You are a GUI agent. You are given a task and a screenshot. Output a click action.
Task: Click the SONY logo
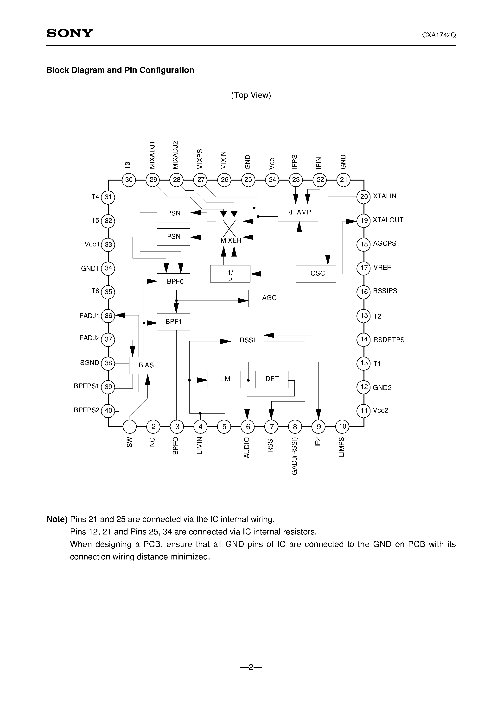coord(70,33)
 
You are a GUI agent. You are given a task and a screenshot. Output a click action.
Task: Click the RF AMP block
coord(298,213)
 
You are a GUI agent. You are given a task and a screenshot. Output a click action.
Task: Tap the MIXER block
coord(229,232)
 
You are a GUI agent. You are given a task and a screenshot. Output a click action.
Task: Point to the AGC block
coord(269,298)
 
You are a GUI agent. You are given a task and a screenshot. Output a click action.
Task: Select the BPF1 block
coord(174,322)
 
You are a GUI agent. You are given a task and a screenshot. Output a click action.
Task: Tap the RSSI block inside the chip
coord(247,340)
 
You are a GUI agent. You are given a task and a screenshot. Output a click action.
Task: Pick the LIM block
coord(224,379)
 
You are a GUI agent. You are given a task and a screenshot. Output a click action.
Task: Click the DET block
coord(272,379)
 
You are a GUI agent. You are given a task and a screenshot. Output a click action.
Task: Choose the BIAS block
coord(146,365)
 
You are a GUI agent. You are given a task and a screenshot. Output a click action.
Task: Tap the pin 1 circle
coord(130,426)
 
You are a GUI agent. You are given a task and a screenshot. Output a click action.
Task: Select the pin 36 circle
coord(108,316)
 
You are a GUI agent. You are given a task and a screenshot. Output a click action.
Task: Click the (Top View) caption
coord(251,95)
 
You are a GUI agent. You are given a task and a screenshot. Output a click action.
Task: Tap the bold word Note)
coord(57,519)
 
